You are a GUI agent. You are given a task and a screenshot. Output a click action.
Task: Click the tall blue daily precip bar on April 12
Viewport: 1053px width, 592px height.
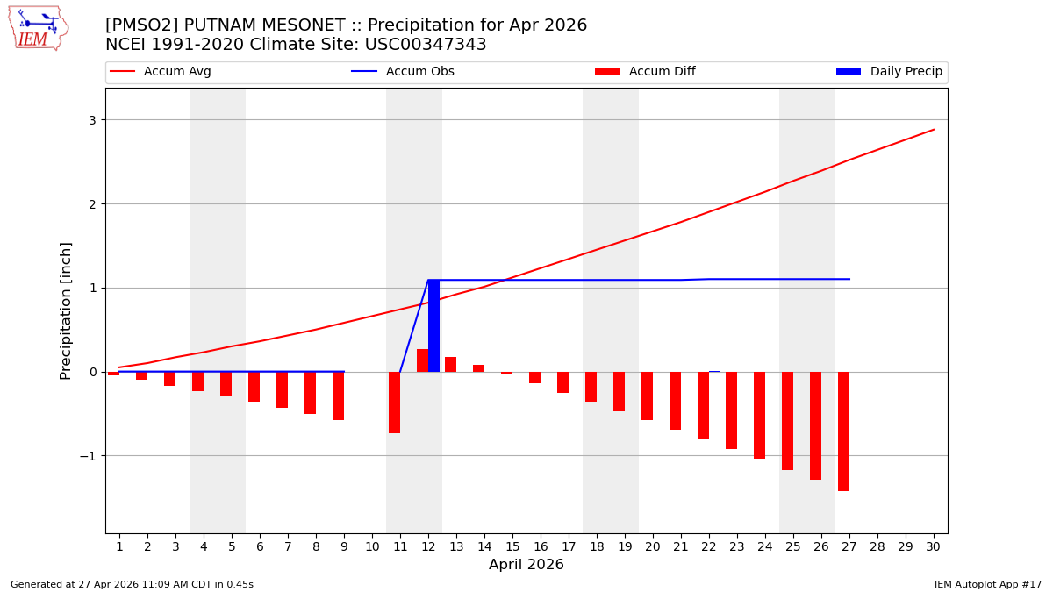tap(433, 325)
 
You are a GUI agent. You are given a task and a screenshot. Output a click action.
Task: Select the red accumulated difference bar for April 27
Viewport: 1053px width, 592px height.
tap(843, 431)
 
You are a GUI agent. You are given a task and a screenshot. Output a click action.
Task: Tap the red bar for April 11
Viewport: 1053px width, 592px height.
tap(394, 402)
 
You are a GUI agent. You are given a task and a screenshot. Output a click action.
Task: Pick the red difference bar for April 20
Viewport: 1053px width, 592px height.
tap(647, 396)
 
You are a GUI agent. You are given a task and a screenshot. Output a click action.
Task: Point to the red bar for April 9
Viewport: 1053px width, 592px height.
tap(338, 396)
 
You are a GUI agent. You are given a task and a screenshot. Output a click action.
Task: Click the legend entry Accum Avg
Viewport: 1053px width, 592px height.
tap(176, 72)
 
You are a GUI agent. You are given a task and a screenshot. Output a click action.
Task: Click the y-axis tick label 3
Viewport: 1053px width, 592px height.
tap(91, 120)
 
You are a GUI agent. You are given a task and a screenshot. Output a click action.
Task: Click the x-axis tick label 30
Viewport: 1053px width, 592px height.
tap(933, 546)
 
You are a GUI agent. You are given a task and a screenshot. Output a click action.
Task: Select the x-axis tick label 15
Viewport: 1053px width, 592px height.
tap(512, 546)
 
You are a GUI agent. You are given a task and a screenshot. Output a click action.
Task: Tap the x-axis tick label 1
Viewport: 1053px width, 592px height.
tap(119, 546)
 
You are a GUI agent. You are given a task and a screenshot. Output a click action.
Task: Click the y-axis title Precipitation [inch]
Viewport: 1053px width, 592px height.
tap(66, 310)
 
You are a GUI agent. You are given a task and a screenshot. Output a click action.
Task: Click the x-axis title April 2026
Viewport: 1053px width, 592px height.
tap(526, 565)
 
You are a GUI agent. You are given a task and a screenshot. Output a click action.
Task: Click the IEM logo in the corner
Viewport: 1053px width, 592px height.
tap(38, 28)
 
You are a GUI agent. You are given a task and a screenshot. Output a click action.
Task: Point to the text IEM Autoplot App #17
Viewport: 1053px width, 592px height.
tap(988, 584)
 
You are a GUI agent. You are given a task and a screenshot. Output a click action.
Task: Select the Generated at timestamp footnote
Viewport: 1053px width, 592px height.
tap(132, 584)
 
